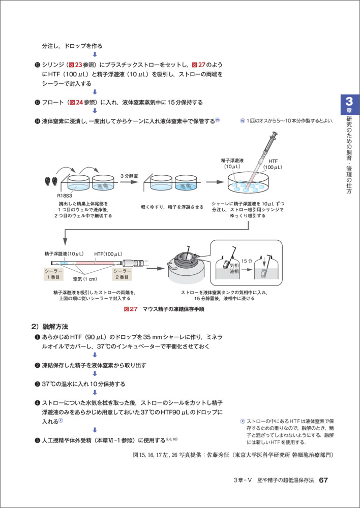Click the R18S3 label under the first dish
[65, 194]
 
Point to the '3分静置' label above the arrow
[131, 175]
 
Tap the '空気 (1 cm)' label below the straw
[85, 279]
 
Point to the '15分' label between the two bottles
[247, 260]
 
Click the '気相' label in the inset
[234, 265]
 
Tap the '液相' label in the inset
[234, 272]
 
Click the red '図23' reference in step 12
[82, 65]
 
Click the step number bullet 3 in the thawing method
[37, 384]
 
